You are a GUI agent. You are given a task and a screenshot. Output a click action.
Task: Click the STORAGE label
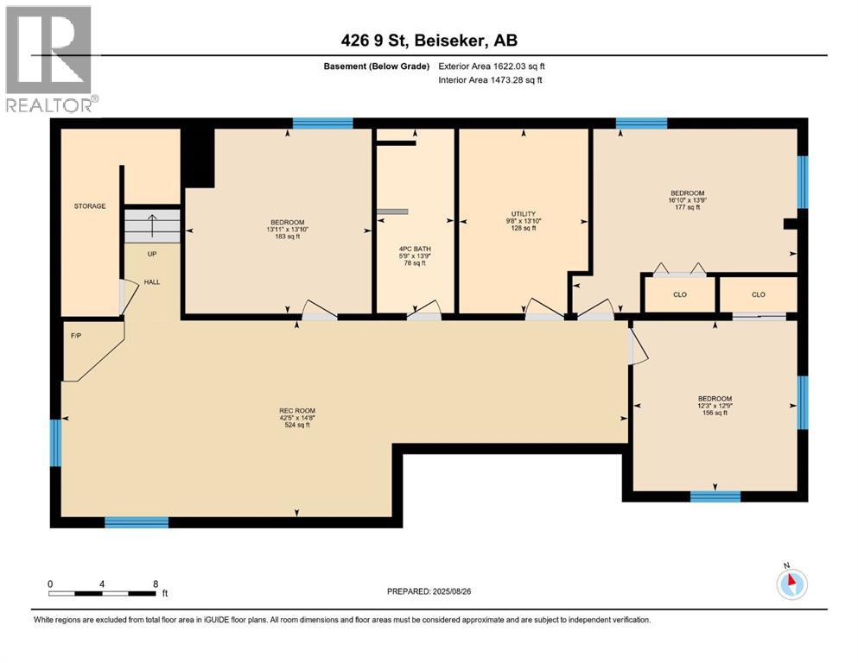[90, 206]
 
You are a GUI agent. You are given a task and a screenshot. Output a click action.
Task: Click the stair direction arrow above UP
[152, 227]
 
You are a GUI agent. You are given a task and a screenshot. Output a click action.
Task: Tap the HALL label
[152, 281]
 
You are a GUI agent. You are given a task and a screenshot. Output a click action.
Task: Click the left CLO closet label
[679, 294]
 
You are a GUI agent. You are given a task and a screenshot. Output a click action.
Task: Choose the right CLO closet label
[758, 294]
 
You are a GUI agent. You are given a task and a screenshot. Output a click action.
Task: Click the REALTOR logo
[49, 60]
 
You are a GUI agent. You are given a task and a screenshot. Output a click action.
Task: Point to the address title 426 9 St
[429, 40]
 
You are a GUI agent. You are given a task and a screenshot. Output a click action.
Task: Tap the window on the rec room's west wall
[56, 441]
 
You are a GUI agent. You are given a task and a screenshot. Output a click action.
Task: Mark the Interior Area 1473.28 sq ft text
[491, 80]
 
